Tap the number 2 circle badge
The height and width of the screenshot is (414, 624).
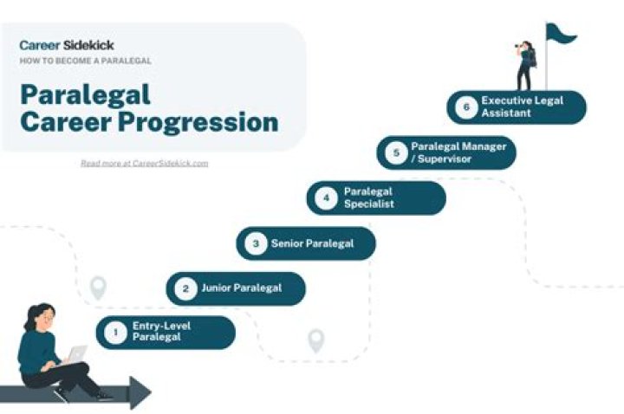pos(184,289)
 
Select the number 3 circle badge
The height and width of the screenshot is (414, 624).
pos(255,244)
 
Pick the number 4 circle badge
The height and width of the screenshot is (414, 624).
pos(326,198)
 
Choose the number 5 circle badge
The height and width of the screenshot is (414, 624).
pos(396,153)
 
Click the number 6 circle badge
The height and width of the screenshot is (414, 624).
pos(466,107)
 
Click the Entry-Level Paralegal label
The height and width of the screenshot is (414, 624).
pos(157,333)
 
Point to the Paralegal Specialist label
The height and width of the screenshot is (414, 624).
pos(369,198)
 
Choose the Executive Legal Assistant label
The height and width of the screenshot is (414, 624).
pos(522,107)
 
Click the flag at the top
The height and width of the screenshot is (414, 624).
pos(562,35)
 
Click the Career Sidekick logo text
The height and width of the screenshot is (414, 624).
pos(67,45)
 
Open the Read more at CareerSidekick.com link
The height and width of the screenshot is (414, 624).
pos(144,163)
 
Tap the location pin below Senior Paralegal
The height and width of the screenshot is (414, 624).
pos(316,340)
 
